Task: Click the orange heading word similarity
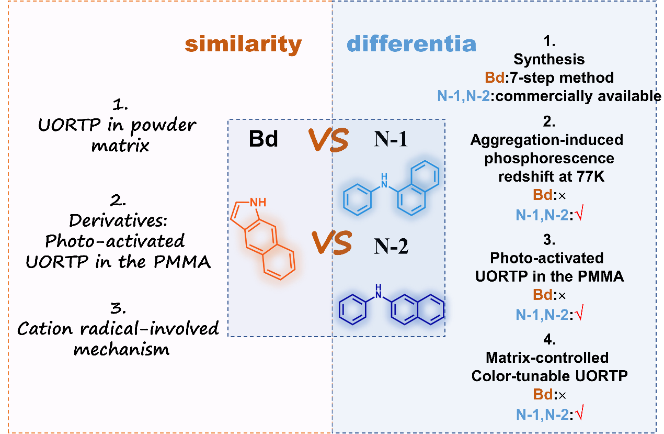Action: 243,44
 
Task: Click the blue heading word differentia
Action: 411,44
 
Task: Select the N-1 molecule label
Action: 390,140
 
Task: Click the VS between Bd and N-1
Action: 328,141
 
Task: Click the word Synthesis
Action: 549,59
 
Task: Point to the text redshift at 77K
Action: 551,176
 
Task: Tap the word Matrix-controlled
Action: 547,358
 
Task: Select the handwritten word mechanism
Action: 121,349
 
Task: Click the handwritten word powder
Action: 157,126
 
